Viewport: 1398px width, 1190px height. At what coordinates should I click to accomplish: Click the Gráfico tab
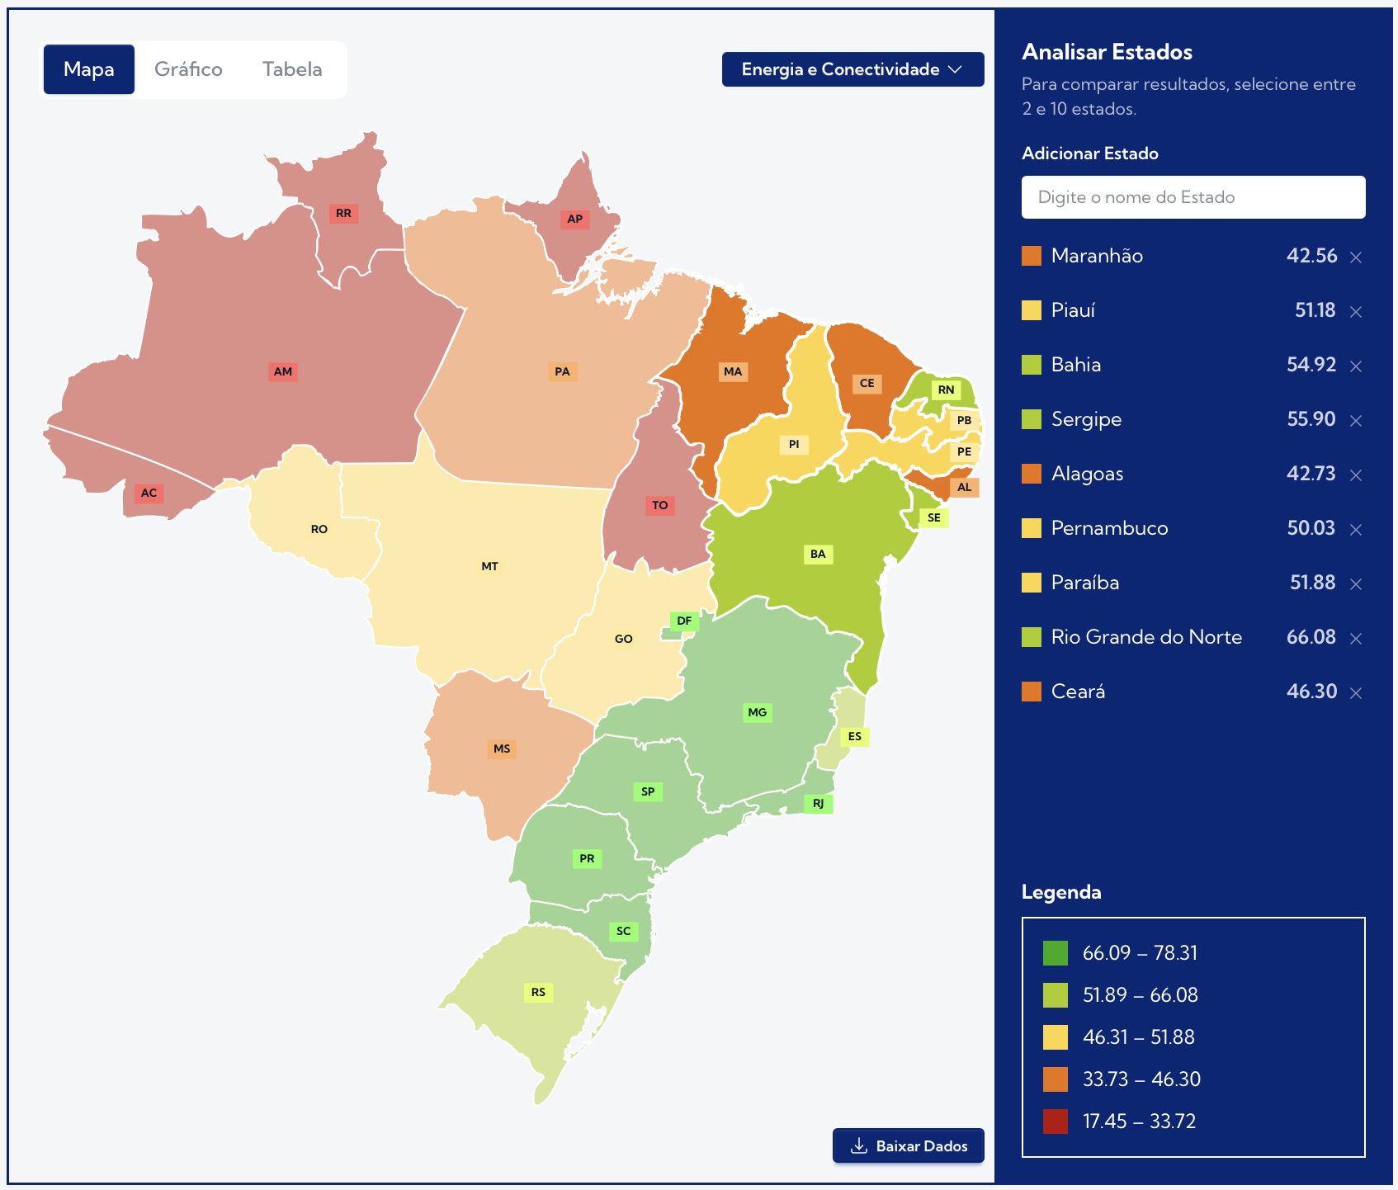click(188, 69)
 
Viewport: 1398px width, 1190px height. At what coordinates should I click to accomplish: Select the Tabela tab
click(292, 69)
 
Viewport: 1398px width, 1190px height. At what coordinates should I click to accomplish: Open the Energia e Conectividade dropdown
click(852, 69)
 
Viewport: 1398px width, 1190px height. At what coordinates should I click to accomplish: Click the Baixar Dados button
click(908, 1145)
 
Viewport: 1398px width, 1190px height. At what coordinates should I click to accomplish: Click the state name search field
click(1193, 197)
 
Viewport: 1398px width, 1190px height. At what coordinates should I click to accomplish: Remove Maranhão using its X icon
click(1355, 257)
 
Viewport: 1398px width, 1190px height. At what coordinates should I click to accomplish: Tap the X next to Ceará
click(1355, 693)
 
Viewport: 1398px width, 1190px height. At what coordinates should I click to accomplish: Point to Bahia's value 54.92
click(1311, 365)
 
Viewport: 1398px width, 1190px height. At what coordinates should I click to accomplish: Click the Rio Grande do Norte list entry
click(1146, 637)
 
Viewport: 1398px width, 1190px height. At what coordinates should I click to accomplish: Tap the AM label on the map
click(283, 371)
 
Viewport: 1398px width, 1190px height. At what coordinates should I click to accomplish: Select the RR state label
click(343, 213)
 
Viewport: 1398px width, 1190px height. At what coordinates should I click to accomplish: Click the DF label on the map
click(684, 621)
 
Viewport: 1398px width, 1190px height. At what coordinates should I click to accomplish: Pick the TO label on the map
click(659, 505)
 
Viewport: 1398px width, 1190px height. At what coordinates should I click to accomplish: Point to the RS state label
click(538, 992)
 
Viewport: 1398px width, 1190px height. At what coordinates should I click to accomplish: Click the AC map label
click(149, 493)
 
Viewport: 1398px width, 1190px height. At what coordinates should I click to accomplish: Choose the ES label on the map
click(854, 736)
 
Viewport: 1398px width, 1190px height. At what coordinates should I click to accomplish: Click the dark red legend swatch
click(1055, 1122)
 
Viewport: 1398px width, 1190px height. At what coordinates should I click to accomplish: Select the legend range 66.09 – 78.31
click(1139, 953)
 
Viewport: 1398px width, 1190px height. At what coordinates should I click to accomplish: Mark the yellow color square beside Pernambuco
click(1032, 528)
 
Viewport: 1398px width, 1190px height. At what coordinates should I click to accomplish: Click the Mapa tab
click(89, 69)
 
